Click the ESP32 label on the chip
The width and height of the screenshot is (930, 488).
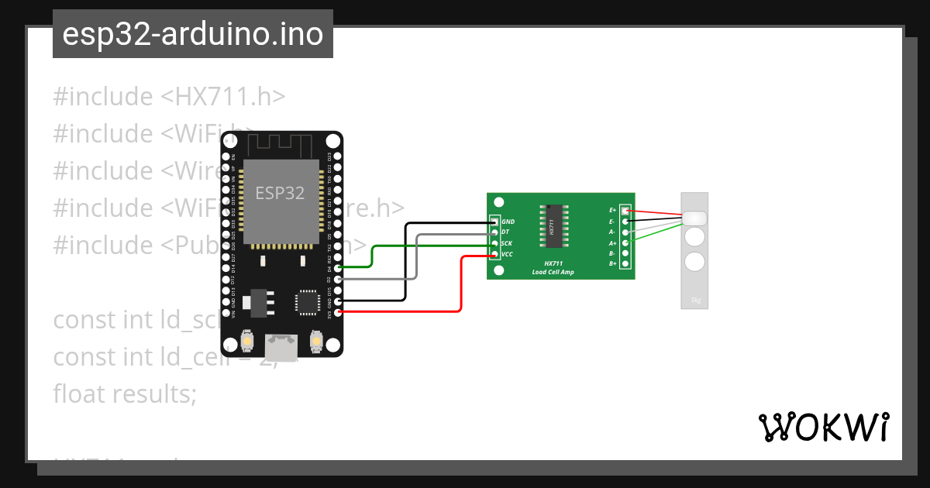[280, 193]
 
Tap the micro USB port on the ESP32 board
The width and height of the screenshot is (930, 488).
[281, 346]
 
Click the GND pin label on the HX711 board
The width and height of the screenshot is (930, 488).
[508, 222]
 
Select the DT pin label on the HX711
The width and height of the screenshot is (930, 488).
[505, 232]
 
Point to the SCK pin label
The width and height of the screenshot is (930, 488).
[506, 243]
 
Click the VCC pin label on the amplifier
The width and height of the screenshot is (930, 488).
[507, 254]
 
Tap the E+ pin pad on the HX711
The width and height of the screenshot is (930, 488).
[625, 211]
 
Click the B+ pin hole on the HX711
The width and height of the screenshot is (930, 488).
[625, 264]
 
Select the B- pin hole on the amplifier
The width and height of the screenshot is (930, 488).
[625, 253]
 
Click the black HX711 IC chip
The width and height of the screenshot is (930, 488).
[553, 226]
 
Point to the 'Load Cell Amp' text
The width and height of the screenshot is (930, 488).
[553, 272]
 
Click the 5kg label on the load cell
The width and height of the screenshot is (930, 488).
[694, 301]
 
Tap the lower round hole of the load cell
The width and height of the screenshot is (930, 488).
[695, 261]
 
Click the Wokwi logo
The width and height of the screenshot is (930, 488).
[823, 427]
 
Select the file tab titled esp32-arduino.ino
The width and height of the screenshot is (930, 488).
[193, 34]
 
